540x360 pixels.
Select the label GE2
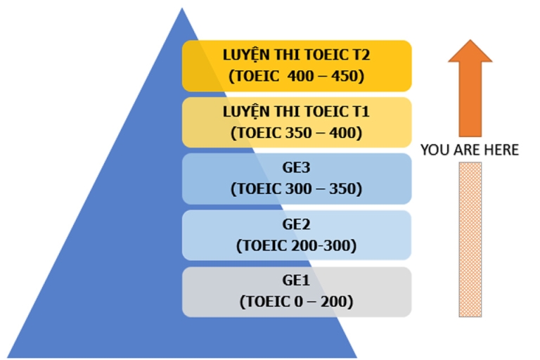click(x=296, y=225)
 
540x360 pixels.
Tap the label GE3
click(x=296, y=169)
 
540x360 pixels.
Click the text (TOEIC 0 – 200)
click(x=296, y=302)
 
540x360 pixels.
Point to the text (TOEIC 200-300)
click(x=296, y=245)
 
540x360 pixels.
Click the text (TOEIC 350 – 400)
click(x=296, y=131)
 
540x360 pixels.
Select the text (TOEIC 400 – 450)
click(x=296, y=75)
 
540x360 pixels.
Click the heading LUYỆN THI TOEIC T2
click(x=296, y=56)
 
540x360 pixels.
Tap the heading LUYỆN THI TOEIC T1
click(x=296, y=112)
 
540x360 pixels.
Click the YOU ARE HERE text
click(x=470, y=150)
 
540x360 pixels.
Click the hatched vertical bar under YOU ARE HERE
click(x=470, y=239)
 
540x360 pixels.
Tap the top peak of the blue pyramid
click(x=182, y=9)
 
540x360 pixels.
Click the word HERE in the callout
click(x=501, y=150)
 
